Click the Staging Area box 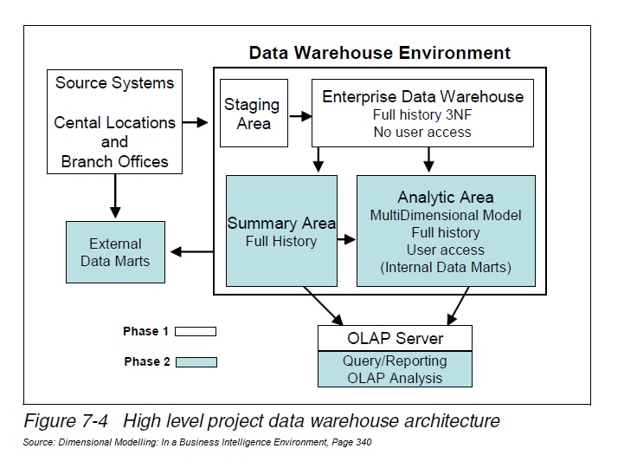[252, 114]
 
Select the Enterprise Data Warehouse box [422, 114]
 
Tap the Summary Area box [281, 231]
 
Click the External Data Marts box [115, 252]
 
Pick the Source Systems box [114, 122]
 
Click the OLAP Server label [395, 338]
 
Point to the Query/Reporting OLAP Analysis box [395, 369]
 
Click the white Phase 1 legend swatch [196, 331]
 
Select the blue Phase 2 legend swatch [196, 361]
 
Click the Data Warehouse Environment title [380, 52]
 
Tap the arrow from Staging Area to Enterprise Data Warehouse [299, 114]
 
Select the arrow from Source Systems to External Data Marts [114, 196]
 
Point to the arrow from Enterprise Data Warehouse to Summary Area [318, 159]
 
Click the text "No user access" [422, 132]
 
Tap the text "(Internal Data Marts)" [445, 268]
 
